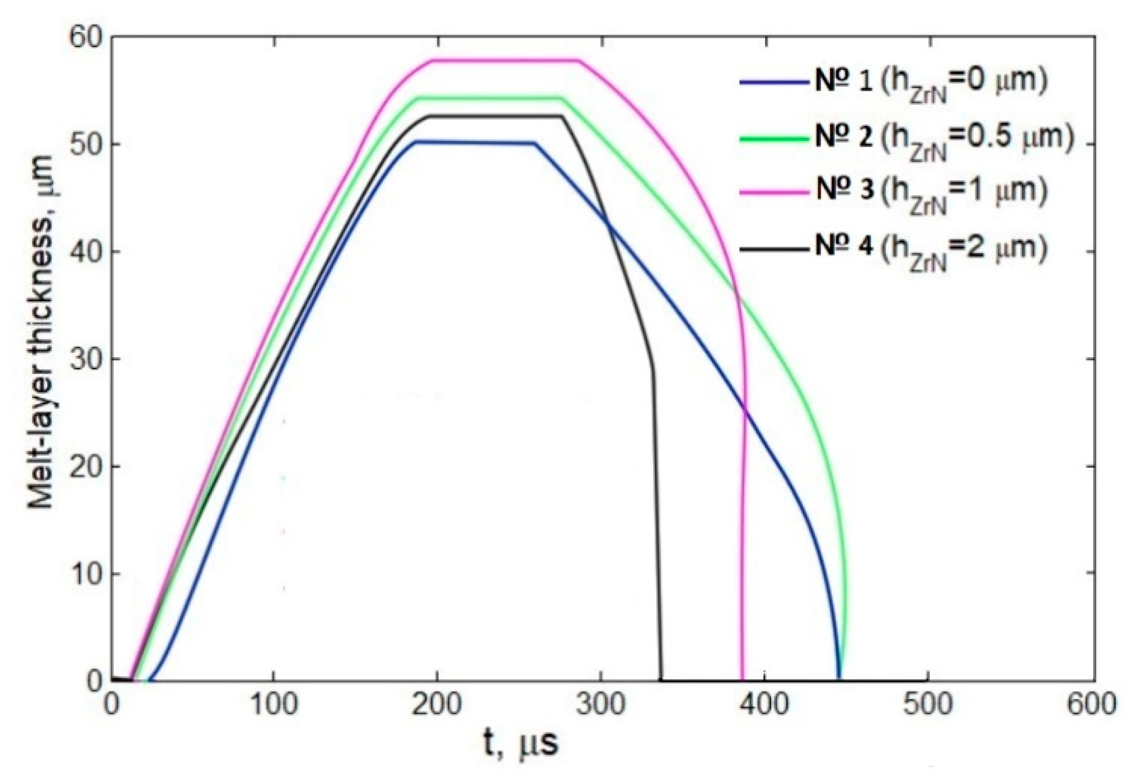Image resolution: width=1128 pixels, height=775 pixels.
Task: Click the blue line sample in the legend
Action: [773, 82]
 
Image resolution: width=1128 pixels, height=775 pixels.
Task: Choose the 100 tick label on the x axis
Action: [272, 705]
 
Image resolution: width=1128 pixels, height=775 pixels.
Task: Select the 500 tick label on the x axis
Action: [927, 705]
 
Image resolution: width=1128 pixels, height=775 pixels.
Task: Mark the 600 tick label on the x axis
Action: [1091, 705]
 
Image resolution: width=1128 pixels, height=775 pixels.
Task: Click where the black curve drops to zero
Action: [661, 679]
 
